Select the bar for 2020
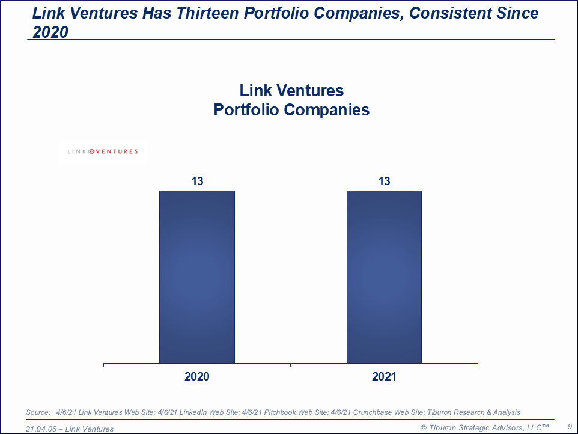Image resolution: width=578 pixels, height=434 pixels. (x=197, y=277)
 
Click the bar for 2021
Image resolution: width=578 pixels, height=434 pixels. (x=384, y=277)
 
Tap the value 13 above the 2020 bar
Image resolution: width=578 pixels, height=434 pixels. (x=197, y=181)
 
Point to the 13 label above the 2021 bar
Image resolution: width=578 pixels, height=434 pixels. (x=385, y=181)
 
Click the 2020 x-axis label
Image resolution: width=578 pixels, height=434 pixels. (x=197, y=377)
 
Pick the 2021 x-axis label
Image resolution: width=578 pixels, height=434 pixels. (x=385, y=377)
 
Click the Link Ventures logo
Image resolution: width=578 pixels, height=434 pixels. (x=103, y=151)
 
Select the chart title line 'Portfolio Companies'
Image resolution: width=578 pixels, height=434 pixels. (x=291, y=110)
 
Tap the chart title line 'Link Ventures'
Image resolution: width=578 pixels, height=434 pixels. (x=291, y=91)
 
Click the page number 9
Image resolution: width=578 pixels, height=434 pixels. (x=570, y=426)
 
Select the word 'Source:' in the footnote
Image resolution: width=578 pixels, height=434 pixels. (x=38, y=412)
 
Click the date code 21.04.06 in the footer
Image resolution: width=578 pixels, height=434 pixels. (x=41, y=429)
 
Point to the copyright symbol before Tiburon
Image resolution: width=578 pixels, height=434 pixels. (x=424, y=427)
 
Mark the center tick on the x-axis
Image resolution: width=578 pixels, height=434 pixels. (x=291, y=365)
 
